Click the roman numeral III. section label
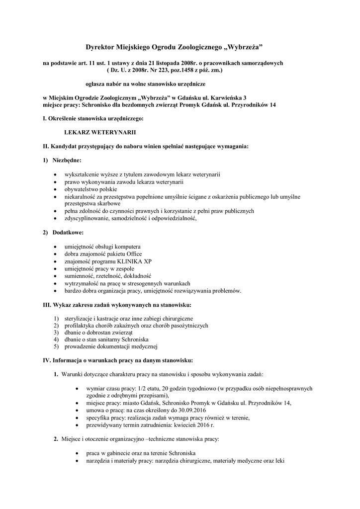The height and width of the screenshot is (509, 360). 49,304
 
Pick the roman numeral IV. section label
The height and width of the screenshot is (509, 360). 49,360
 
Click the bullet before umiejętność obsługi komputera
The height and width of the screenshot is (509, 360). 54,247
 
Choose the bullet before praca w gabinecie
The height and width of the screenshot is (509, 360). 75,453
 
